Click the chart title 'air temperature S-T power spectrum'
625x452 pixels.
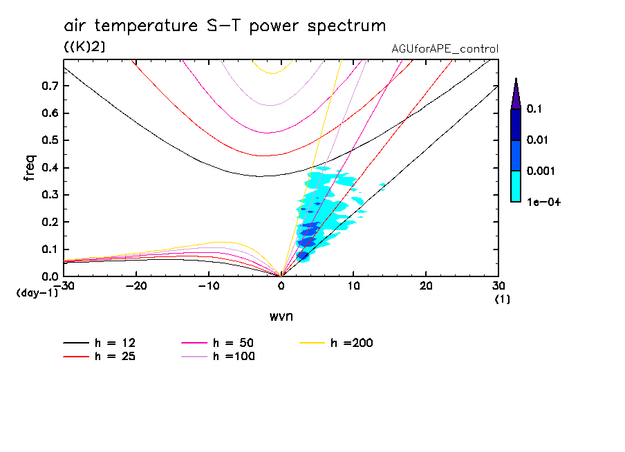[225, 26]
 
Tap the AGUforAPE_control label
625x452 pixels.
[445, 49]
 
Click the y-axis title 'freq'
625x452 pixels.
[29, 167]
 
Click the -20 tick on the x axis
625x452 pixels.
[136, 286]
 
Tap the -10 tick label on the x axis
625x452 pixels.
[208, 286]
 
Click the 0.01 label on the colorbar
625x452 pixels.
[537, 140]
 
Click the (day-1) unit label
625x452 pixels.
[37, 292]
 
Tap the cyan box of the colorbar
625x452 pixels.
[516, 186]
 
